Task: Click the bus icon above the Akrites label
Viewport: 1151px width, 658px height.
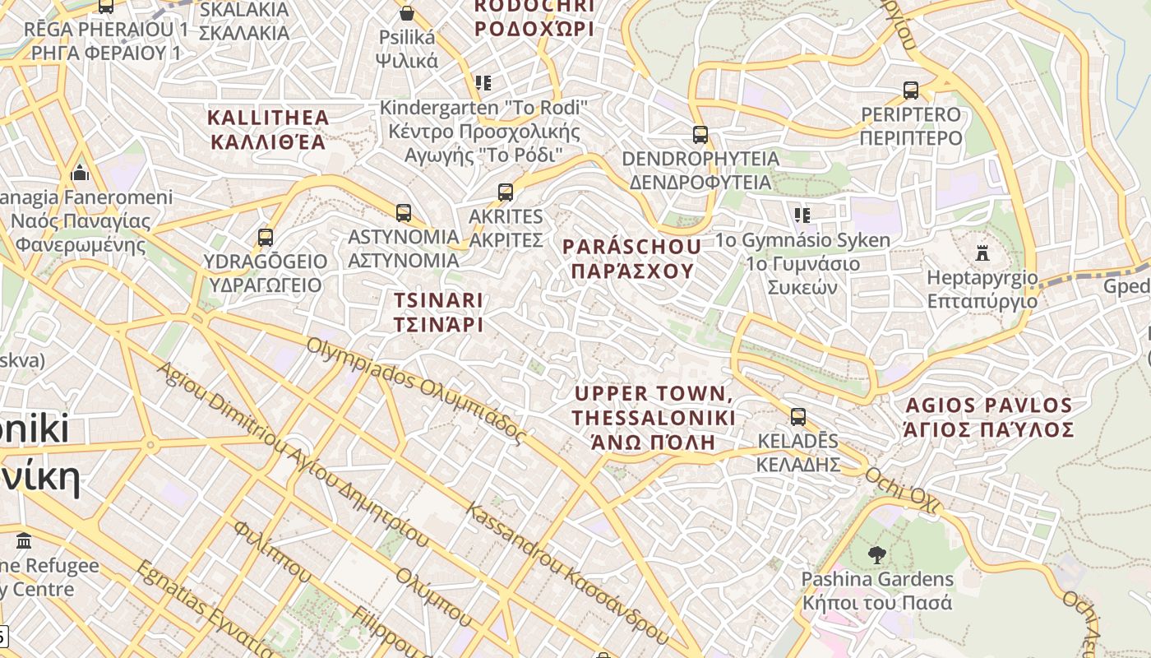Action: tap(506, 192)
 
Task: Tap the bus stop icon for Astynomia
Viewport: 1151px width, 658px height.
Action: tap(404, 213)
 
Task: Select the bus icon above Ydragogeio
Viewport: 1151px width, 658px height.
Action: tap(265, 238)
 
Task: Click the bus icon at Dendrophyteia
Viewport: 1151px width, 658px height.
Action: tap(700, 135)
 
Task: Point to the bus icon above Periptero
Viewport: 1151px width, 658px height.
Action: tap(910, 90)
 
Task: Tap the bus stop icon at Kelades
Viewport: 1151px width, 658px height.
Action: tap(797, 417)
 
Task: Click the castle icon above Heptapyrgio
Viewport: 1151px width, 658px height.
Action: tap(982, 253)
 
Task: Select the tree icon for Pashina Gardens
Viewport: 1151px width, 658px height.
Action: tap(876, 555)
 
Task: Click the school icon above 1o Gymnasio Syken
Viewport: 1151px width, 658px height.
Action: tap(802, 215)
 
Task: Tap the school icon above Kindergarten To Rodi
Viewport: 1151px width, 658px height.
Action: tap(483, 83)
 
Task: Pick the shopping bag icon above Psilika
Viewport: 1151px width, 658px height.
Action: tap(406, 13)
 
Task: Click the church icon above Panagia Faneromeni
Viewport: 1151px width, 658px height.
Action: tap(80, 173)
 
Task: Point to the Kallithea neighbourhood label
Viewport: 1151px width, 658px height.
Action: tap(268, 129)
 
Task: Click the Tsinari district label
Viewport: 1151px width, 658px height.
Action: tap(437, 312)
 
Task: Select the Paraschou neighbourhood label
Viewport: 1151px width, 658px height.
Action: tap(631, 258)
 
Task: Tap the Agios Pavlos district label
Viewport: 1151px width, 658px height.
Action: tap(988, 417)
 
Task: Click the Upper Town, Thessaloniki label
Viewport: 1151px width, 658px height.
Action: tap(654, 417)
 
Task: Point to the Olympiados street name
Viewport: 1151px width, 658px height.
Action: tap(415, 390)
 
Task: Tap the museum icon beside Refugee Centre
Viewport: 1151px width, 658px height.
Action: tap(24, 541)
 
